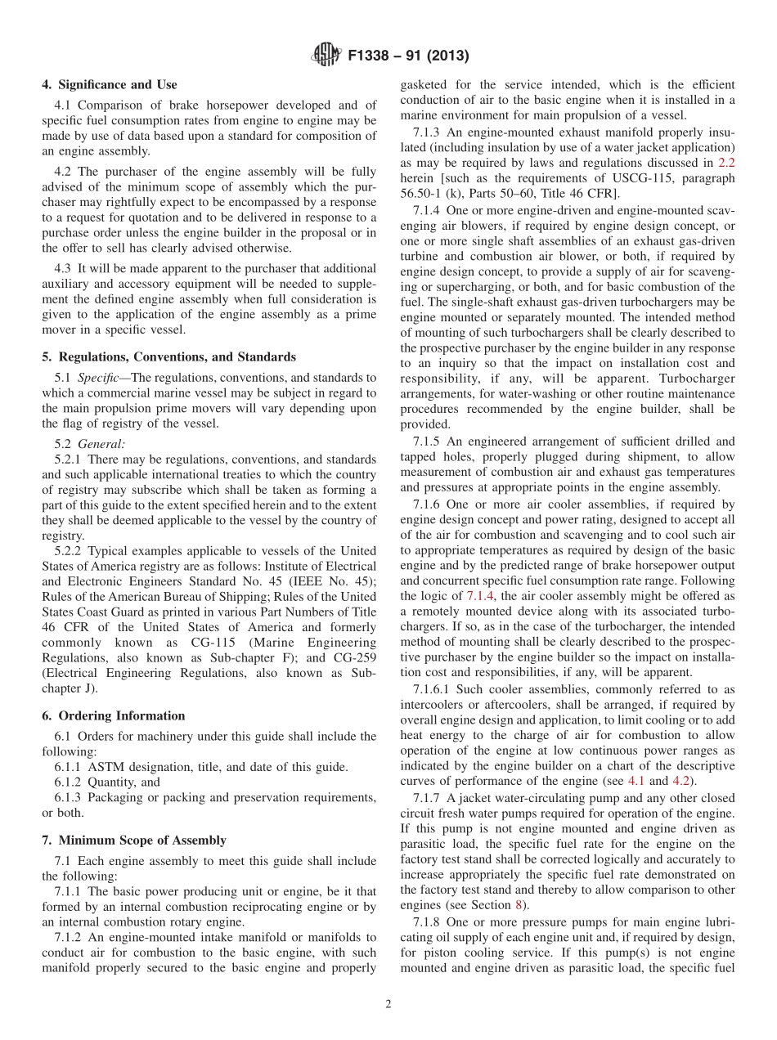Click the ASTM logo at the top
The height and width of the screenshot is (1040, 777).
(326, 56)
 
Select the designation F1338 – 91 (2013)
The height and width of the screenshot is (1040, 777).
(407, 56)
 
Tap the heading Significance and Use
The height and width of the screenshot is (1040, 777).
(109, 84)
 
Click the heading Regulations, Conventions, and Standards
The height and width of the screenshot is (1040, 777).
(168, 356)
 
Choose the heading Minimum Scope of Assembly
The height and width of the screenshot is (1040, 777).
(133, 840)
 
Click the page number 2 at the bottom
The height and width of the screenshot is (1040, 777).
(388, 1004)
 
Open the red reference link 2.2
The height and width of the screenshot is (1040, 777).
(725, 162)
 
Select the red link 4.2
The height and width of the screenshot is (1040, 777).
(680, 781)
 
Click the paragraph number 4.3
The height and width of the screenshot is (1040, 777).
(65, 268)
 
